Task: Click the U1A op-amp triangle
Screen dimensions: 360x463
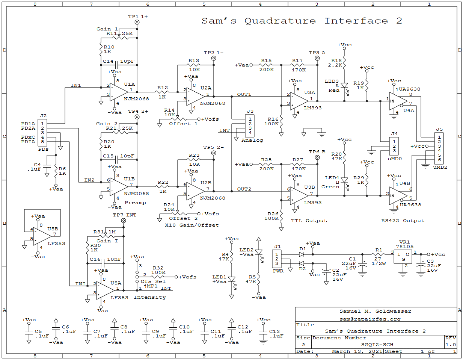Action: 118,92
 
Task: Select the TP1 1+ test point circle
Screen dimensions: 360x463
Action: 137,22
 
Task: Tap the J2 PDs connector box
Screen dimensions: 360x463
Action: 42,133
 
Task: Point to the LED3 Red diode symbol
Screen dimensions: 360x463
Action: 344,86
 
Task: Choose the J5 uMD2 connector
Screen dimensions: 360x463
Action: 439,148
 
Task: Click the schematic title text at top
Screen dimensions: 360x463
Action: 302,21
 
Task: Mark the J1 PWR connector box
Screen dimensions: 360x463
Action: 277,259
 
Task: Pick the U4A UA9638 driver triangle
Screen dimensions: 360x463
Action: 398,101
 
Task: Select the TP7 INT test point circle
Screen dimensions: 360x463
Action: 124,221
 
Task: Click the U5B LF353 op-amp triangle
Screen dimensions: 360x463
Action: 42,236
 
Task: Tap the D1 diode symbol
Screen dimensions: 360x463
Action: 302,254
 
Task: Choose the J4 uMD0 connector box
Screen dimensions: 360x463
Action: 394,146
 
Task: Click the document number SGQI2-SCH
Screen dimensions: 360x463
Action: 377,344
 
